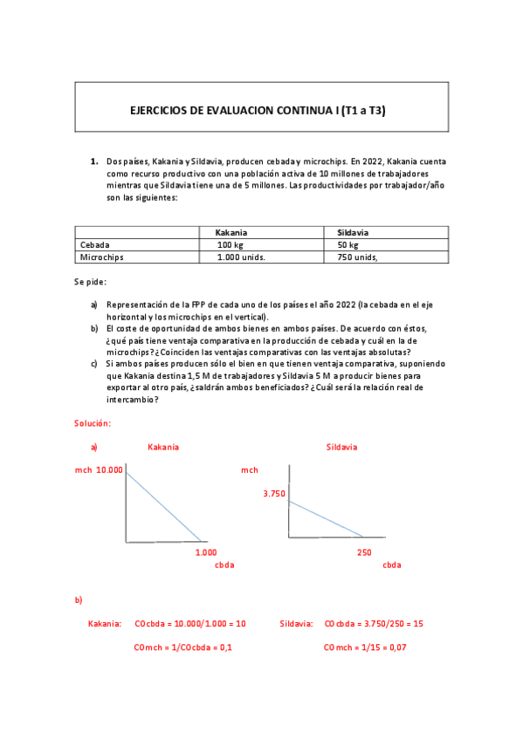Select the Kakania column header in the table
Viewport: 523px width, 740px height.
coord(231,233)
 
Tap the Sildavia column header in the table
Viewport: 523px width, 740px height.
coord(353,233)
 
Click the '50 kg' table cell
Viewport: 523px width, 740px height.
coord(347,245)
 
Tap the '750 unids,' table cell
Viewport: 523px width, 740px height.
coord(357,257)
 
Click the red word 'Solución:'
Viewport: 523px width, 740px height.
coord(93,422)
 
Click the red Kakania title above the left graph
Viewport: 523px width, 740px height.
coord(163,447)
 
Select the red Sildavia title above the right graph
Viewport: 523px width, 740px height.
coord(341,447)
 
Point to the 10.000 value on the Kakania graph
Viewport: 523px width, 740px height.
coord(110,469)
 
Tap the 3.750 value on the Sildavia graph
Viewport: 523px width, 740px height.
coord(274,494)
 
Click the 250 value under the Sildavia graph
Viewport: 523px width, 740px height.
coord(364,552)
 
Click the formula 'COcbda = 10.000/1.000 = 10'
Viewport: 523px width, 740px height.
coord(190,624)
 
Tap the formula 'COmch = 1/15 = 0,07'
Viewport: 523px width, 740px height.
coord(365,647)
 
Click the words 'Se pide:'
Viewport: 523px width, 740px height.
coord(90,283)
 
